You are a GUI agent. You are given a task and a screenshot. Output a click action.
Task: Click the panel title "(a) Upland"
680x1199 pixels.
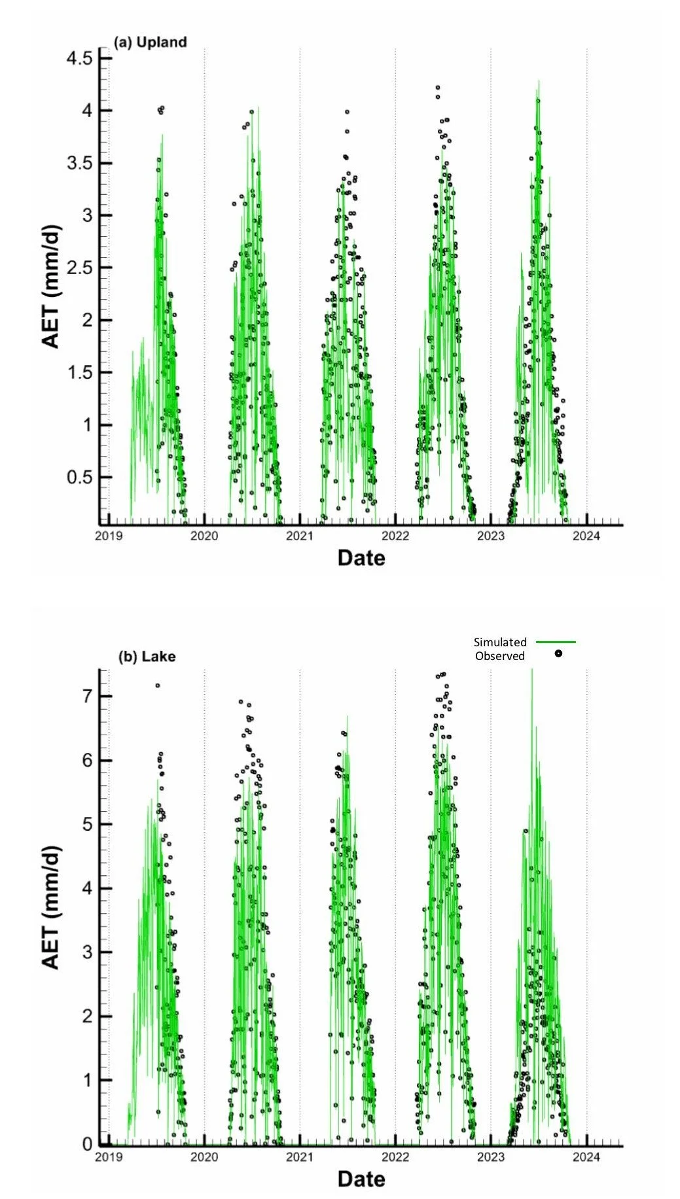click(150, 43)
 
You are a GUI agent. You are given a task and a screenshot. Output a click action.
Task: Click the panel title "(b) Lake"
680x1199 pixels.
click(147, 656)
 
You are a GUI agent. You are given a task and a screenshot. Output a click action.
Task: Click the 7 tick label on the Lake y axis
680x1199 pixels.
click(87, 696)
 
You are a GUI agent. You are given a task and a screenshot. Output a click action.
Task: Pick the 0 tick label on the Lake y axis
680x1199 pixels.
click(87, 1145)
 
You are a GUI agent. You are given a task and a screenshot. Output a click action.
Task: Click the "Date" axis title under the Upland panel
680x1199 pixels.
click(361, 558)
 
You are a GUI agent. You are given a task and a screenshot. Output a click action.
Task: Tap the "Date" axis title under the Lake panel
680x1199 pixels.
click(361, 1179)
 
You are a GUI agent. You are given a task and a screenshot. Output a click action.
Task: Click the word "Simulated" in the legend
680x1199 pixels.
click(500, 642)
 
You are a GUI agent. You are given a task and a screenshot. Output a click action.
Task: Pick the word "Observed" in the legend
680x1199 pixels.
click(500, 656)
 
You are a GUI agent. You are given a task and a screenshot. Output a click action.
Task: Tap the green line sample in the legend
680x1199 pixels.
click(556, 642)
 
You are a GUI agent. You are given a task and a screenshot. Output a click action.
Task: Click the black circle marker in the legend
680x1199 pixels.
click(558, 653)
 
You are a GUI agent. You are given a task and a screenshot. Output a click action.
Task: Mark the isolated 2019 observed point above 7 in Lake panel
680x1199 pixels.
click(158, 686)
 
